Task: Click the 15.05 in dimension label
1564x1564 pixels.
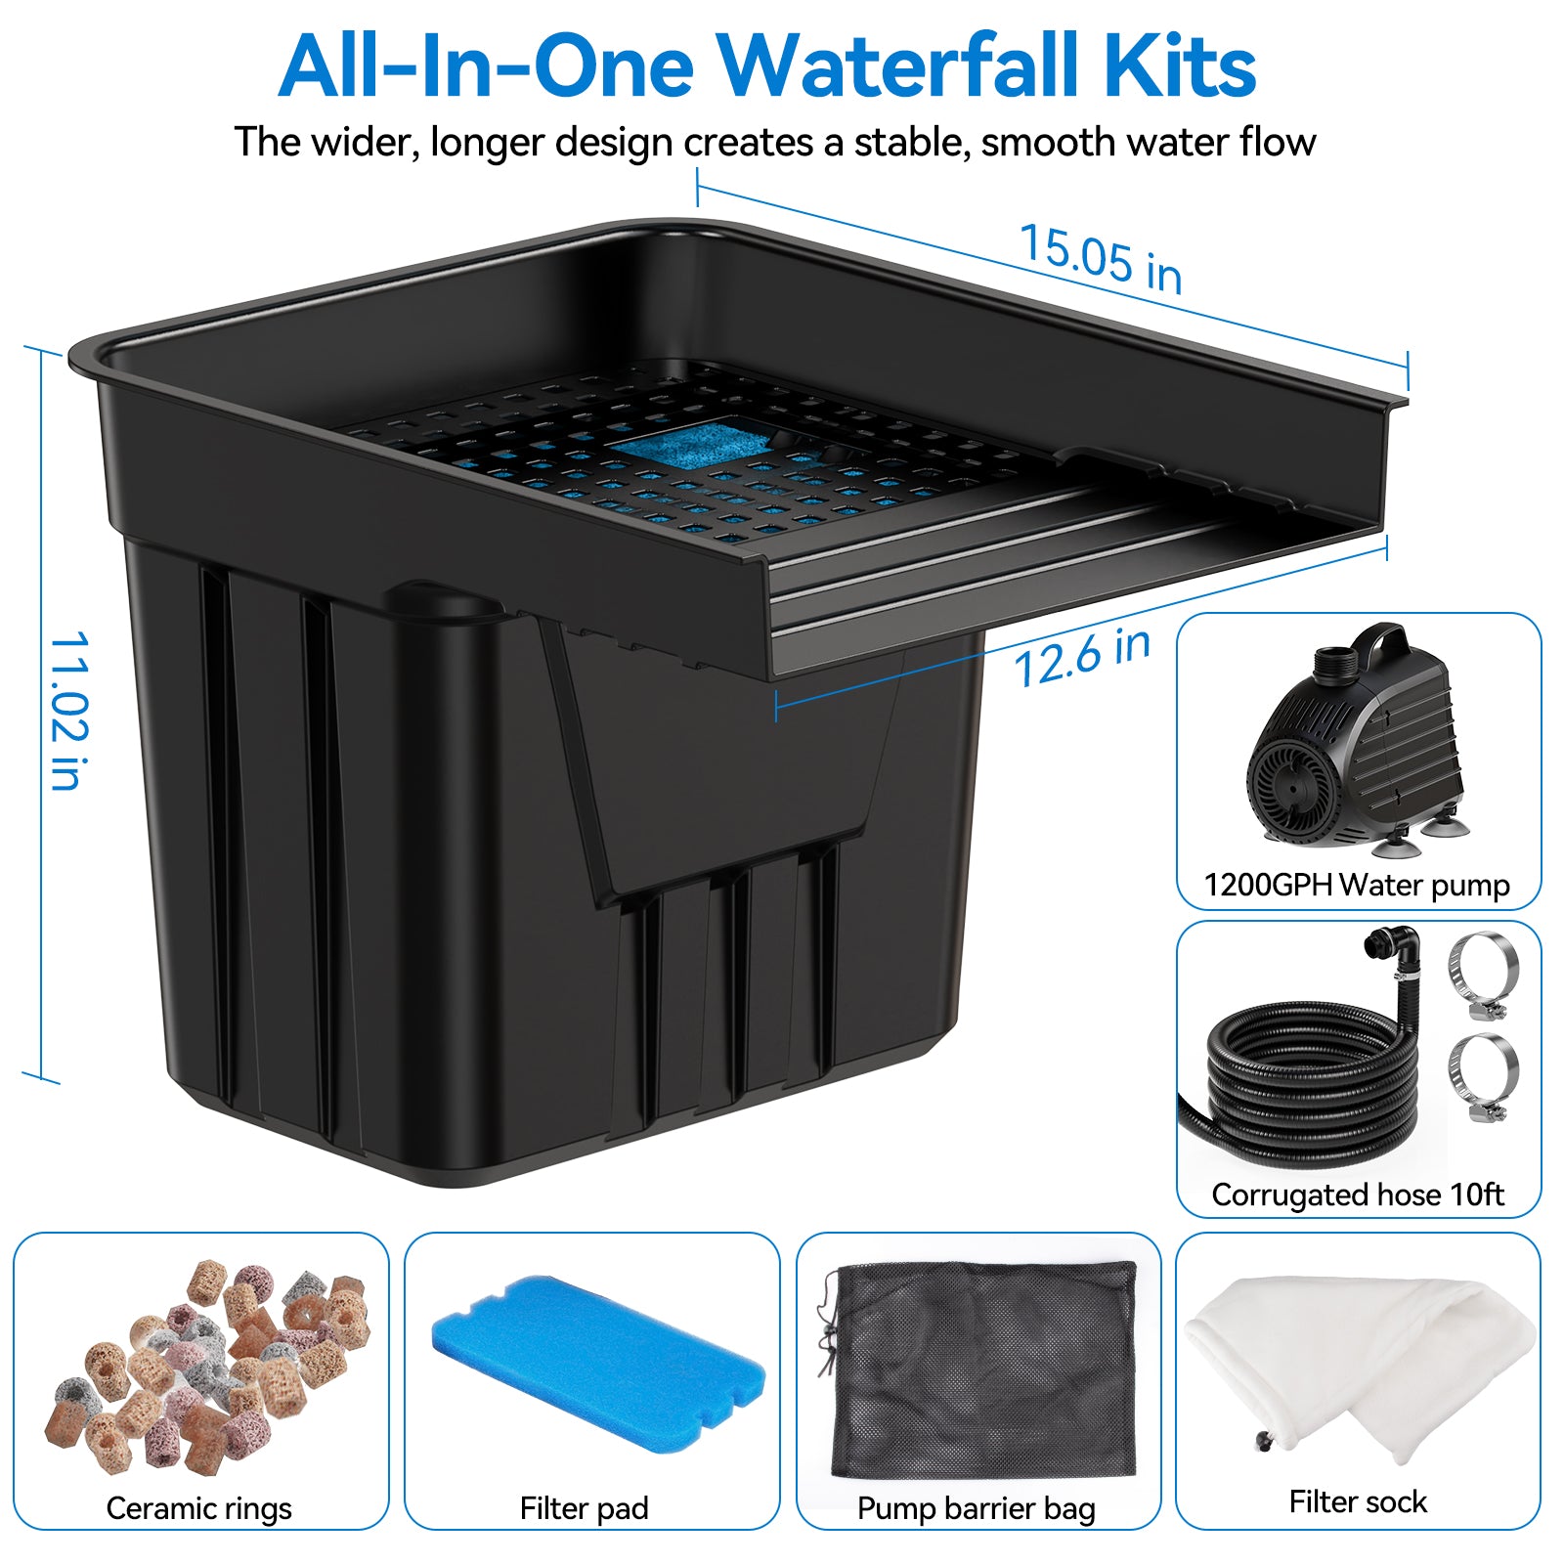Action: [1101, 258]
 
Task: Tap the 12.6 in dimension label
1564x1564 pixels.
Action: [1082, 658]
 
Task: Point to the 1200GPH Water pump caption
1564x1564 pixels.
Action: [1357, 886]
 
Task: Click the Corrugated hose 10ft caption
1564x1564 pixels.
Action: [1357, 1195]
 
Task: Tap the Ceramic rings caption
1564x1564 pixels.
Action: [198, 1508]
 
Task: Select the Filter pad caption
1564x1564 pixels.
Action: [584, 1508]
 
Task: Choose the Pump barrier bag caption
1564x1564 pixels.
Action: [976, 1508]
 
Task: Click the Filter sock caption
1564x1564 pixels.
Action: [1357, 1501]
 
